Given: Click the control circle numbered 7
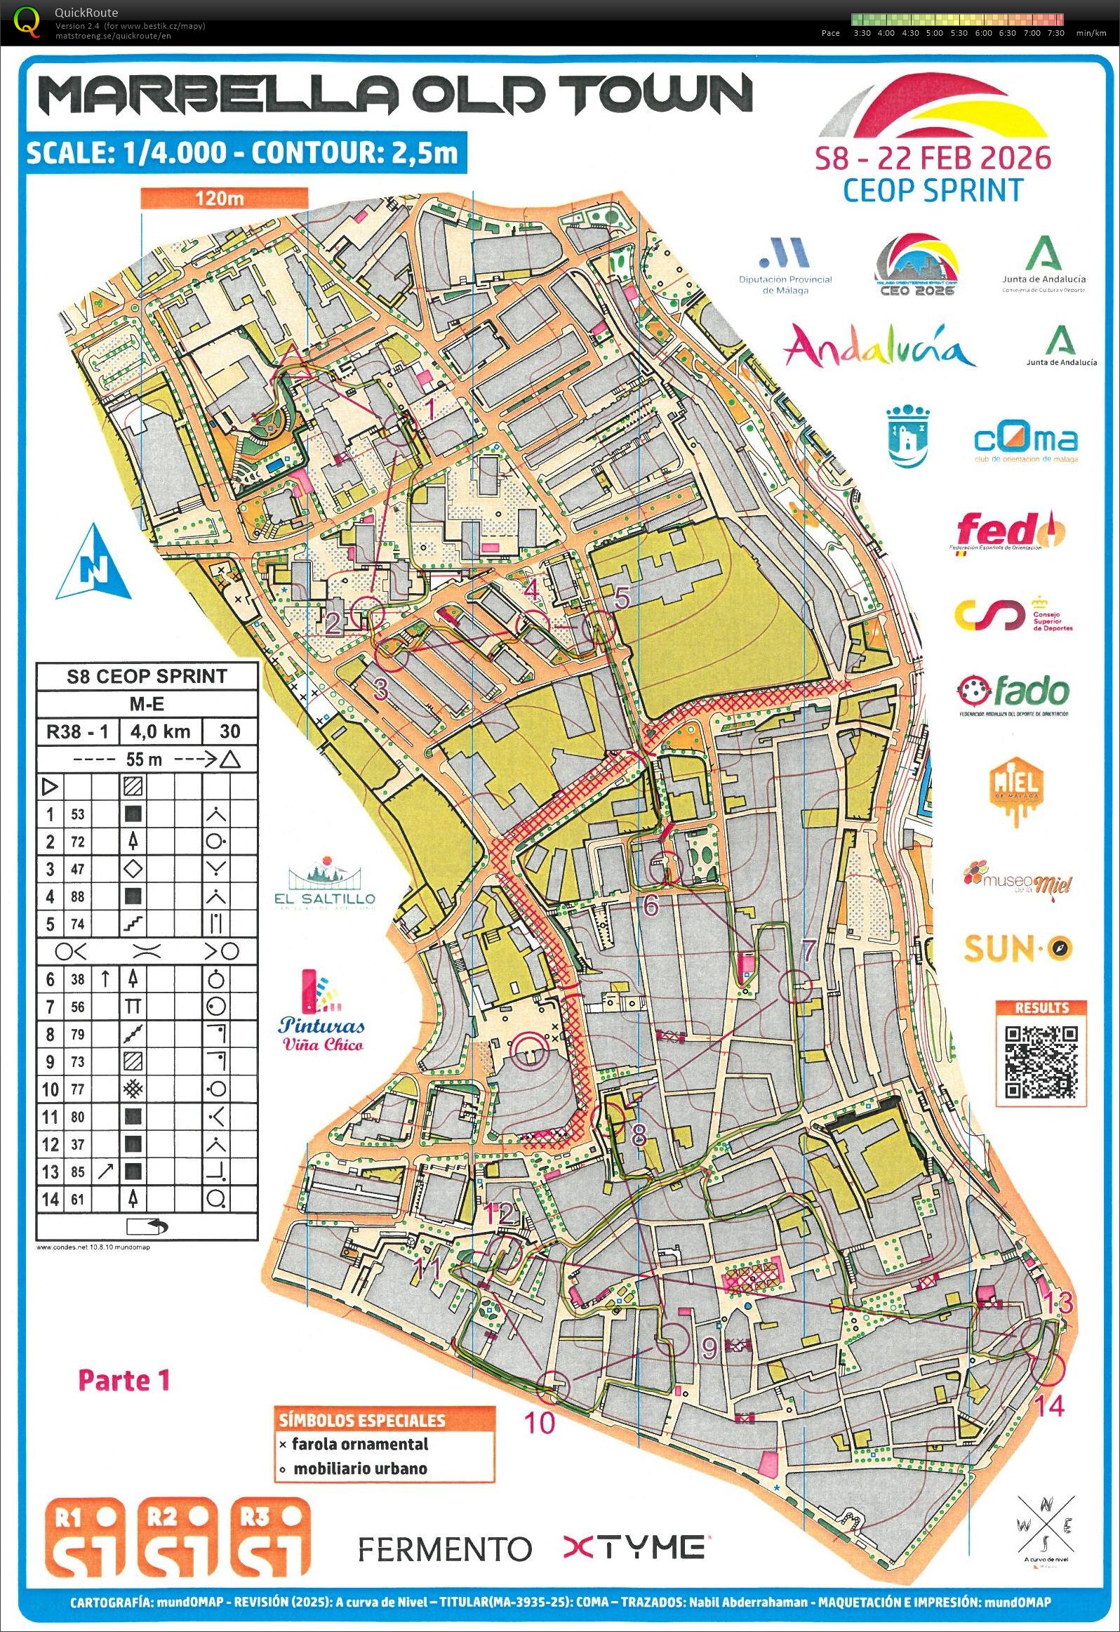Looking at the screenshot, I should [x=796, y=986].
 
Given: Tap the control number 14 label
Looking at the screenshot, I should [x=1049, y=1406].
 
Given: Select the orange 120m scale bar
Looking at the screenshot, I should [x=224, y=198].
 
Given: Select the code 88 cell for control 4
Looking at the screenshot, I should [x=77, y=896].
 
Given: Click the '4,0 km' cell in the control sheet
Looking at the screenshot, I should [x=160, y=731].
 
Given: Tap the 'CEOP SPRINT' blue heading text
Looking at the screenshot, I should [x=933, y=190].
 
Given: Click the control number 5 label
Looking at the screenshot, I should [x=622, y=598].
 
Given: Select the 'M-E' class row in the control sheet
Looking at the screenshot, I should [x=147, y=703].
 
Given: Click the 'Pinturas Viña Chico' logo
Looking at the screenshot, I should [x=322, y=1012].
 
